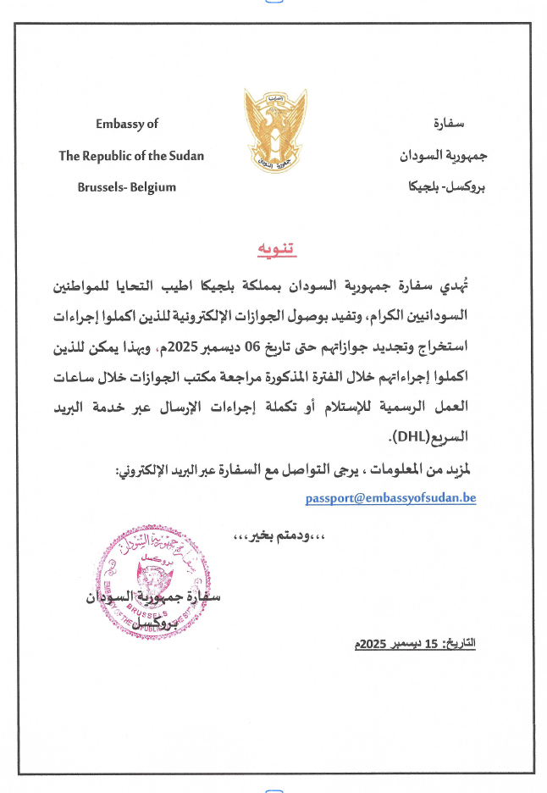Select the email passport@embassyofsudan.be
coord(390,498)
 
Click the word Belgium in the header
coord(153,187)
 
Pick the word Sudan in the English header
coord(185,156)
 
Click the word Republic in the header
coord(110,156)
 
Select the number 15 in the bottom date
coord(432,644)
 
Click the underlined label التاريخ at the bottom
coord(461,644)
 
